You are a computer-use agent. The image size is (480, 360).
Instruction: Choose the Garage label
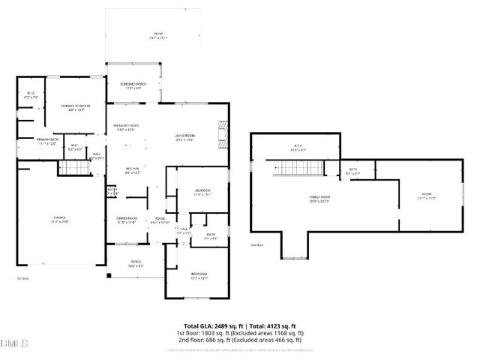click(x=59, y=220)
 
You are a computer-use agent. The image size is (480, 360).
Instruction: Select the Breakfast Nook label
click(x=127, y=127)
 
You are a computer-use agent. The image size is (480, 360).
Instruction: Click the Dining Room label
click(x=127, y=220)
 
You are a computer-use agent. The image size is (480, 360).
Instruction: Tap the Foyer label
click(x=161, y=220)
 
